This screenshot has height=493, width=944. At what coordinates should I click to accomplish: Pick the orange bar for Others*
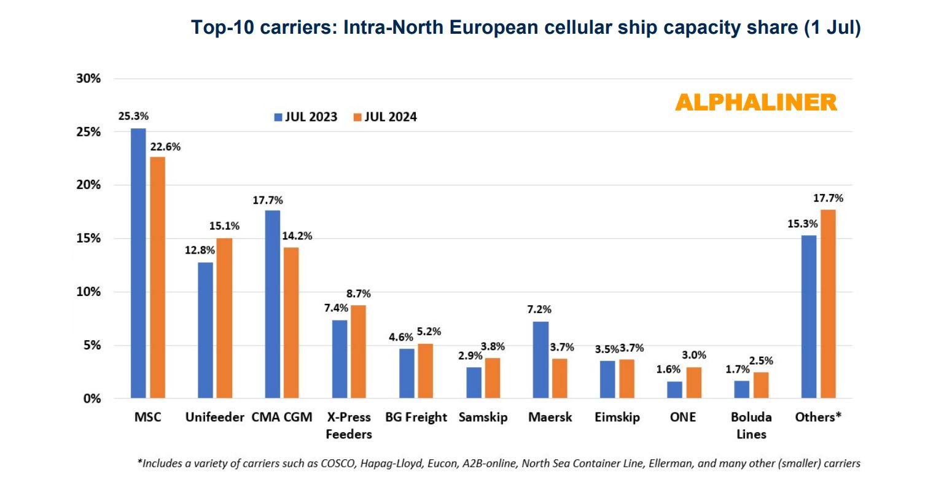(828, 304)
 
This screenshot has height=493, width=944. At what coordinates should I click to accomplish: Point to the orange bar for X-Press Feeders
(358, 352)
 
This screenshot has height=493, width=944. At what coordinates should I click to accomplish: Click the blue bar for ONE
(674, 390)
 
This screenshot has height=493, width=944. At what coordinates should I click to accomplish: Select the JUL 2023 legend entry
(306, 117)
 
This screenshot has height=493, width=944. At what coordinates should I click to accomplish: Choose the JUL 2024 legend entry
(385, 117)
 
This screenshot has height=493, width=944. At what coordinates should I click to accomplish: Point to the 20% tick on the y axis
(88, 185)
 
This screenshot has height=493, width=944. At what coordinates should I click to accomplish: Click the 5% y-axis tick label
(91, 345)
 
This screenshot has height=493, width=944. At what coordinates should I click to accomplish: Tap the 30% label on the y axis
(88, 79)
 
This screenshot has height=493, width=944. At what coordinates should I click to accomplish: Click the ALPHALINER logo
(756, 103)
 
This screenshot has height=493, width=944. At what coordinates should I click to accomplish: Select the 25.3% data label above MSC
(133, 116)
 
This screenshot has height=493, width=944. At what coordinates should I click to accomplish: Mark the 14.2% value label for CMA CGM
(297, 236)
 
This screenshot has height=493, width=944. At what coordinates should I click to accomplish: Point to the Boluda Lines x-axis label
(751, 425)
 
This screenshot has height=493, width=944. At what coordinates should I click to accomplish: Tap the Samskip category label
(483, 417)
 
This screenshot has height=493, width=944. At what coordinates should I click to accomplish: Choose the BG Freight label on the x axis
(416, 417)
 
